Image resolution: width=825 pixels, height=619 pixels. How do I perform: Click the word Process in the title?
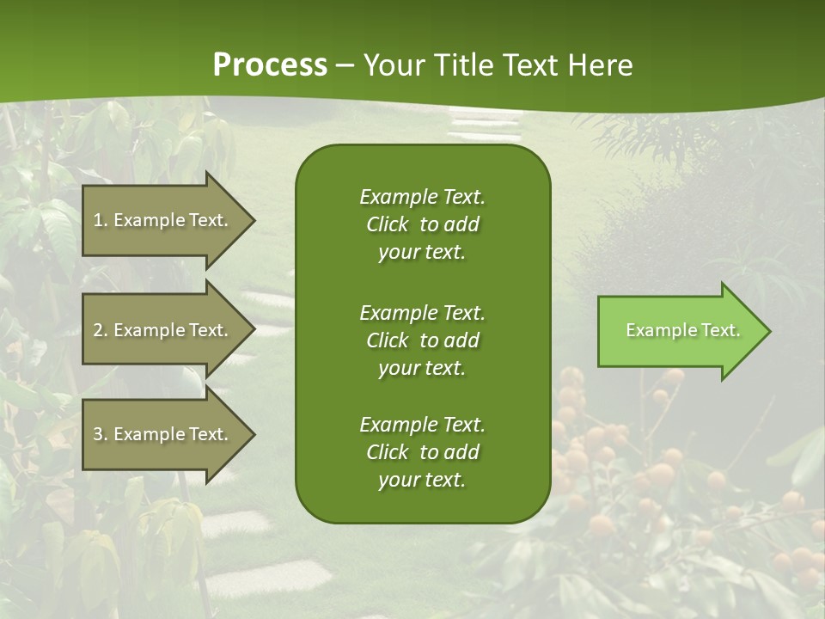click(x=270, y=65)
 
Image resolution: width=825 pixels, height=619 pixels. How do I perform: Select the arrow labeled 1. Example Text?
click(x=163, y=220)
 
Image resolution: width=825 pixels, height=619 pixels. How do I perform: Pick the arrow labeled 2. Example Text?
click(x=163, y=330)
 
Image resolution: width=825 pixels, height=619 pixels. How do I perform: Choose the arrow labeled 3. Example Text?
click(x=163, y=434)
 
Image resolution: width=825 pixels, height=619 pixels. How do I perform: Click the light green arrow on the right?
click(x=679, y=331)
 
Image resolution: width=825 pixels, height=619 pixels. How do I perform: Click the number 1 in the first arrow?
click(x=98, y=220)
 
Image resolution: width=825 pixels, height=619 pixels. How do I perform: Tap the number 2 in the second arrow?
click(x=98, y=330)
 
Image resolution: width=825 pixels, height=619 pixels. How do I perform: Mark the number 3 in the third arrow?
click(x=98, y=434)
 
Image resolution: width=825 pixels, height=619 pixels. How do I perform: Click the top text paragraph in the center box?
click(x=422, y=224)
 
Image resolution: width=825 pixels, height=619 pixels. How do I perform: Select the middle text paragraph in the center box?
click(x=422, y=340)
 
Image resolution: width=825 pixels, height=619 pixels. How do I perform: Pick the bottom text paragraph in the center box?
click(x=422, y=452)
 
